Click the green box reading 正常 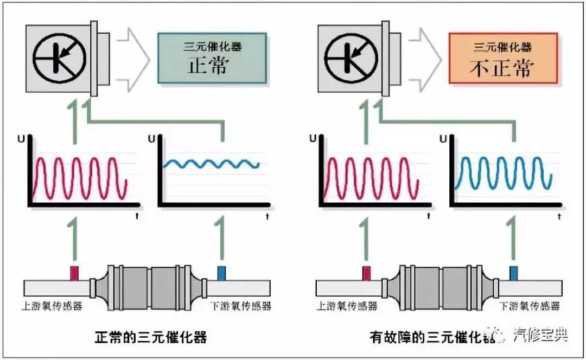point(212,57)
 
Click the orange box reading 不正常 point(502,57)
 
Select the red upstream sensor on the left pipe point(74,273)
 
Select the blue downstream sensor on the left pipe point(221,273)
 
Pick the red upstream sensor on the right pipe point(367,273)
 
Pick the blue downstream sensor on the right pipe point(513,273)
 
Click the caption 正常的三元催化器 point(150,338)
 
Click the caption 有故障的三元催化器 point(434,338)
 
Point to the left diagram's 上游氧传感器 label point(54,306)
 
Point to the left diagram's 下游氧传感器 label point(240,306)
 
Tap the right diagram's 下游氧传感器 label point(529,306)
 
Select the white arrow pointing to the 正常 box point(132,58)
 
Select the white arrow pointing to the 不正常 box point(424,58)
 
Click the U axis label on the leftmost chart point(21,139)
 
